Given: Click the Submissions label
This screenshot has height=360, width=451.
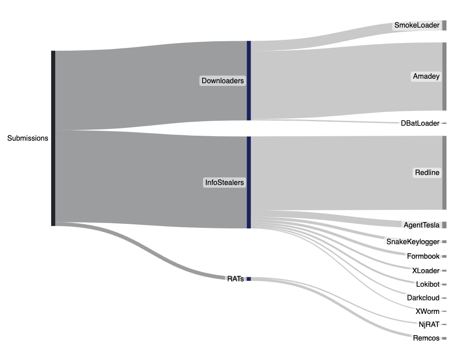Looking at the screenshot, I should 28,138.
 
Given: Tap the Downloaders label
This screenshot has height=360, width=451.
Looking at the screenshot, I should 223,81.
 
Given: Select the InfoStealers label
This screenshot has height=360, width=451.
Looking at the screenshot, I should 224,183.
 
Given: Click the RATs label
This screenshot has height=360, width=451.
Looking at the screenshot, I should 235,279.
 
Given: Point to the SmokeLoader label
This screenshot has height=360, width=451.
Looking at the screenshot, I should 417,25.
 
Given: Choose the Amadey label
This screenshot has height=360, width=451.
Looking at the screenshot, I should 426,76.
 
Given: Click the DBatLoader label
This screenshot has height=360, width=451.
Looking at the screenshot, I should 420,123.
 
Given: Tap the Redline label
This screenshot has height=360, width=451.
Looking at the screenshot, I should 427,173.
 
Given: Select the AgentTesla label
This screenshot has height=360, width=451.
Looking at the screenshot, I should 421,225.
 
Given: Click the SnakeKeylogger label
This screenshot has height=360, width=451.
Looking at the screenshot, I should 413,242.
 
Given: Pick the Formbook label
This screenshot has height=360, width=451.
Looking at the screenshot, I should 423,256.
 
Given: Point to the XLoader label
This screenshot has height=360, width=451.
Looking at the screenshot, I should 426,271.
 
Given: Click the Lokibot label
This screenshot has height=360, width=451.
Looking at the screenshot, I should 427,284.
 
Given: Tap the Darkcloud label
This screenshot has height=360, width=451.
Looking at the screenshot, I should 423,298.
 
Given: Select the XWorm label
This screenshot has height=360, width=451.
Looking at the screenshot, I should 427,311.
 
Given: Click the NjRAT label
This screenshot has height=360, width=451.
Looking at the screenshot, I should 429,324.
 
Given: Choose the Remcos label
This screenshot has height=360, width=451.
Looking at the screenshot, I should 426,338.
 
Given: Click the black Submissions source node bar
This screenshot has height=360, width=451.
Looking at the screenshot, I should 53,138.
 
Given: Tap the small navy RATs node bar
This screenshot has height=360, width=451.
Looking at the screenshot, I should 248,279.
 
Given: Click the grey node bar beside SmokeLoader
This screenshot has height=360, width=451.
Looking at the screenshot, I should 444,25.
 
